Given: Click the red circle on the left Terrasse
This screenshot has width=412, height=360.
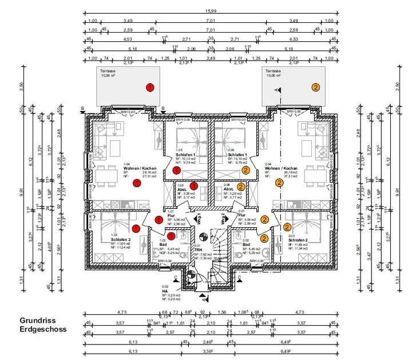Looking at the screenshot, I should click(150, 88).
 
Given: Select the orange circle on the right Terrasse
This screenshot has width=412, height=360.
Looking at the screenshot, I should click(315, 88).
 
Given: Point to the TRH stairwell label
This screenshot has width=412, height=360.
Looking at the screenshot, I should click(199, 251).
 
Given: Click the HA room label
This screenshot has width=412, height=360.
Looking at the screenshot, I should click(165, 291).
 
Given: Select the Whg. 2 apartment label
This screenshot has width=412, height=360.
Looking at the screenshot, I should click(223, 219).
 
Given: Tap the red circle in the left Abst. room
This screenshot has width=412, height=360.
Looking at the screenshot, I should click(194, 186).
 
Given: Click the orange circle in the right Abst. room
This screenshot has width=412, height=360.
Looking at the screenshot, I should click(241, 187).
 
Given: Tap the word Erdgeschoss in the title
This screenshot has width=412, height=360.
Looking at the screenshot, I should click(43, 329).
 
